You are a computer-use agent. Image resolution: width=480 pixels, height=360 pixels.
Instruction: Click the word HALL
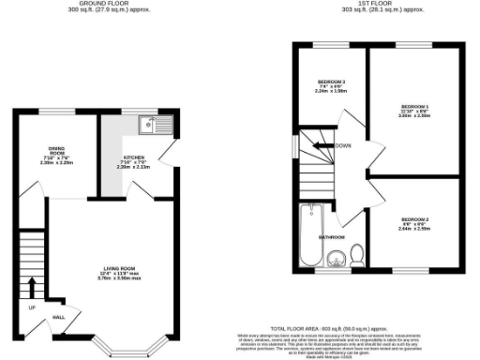(x=57, y=318)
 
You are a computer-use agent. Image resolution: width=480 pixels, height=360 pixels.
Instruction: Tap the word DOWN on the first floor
(x=343, y=145)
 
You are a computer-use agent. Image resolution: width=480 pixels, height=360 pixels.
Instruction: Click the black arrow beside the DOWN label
(x=322, y=145)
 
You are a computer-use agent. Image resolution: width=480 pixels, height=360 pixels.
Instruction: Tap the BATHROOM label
(x=332, y=237)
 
